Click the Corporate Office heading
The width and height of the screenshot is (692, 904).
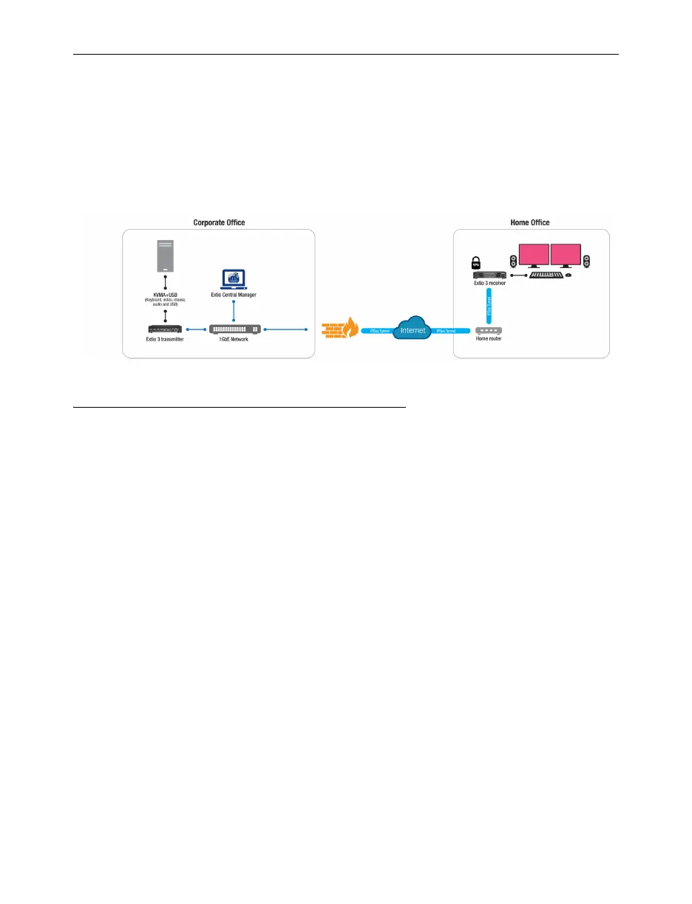click(219, 222)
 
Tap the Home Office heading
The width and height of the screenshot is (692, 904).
click(530, 222)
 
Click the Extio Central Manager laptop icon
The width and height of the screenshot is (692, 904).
click(234, 280)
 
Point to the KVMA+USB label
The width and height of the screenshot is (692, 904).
click(165, 294)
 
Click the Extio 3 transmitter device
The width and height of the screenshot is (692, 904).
click(165, 329)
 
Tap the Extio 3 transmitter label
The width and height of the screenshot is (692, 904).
click(165, 339)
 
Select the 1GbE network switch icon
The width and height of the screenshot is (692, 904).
click(234, 329)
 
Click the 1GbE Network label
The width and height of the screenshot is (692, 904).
click(234, 339)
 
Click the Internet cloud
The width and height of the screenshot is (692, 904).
click(413, 329)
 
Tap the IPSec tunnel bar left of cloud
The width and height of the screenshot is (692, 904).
click(376, 332)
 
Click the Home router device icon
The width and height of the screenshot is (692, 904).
click(489, 331)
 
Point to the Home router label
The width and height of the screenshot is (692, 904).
click(489, 340)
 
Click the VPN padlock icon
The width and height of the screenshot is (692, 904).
click(477, 264)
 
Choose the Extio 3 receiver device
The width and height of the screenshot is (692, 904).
click(489, 275)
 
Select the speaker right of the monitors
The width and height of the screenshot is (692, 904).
click(586, 261)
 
